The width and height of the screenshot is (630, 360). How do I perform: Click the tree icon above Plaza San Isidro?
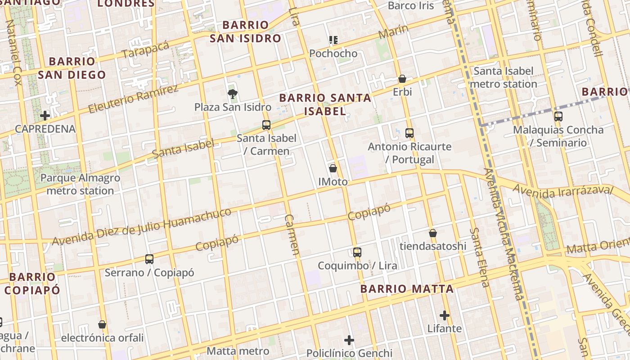click(x=233, y=94)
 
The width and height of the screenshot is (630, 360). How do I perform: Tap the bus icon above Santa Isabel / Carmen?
click(x=266, y=125)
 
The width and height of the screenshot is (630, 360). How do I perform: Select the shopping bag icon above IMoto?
click(x=333, y=168)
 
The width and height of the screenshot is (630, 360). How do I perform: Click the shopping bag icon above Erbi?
click(x=402, y=79)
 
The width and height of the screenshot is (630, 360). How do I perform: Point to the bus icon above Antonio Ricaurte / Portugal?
click(x=409, y=133)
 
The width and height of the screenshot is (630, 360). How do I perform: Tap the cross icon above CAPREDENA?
click(x=45, y=116)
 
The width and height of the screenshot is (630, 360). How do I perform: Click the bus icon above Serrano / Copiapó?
click(x=149, y=259)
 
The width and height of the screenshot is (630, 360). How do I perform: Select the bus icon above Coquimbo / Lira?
click(x=357, y=252)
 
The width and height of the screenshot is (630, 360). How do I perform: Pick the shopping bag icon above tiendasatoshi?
click(x=433, y=233)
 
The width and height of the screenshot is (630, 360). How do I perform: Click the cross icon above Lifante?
click(x=445, y=315)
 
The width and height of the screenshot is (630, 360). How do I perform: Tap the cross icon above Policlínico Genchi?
click(x=349, y=340)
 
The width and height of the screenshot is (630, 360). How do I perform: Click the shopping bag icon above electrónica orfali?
click(x=102, y=324)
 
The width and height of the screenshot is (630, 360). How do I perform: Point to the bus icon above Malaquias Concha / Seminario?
click(x=558, y=117)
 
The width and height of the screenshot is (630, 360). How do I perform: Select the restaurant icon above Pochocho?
click(x=333, y=40)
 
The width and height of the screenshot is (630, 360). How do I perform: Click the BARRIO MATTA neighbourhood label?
click(x=407, y=289)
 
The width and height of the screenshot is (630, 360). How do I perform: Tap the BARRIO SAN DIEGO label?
click(x=72, y=68)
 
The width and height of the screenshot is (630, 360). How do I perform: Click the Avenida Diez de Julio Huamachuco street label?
click(x=142, y=227)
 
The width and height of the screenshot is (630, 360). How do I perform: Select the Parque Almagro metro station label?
click(x=80, y=184)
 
